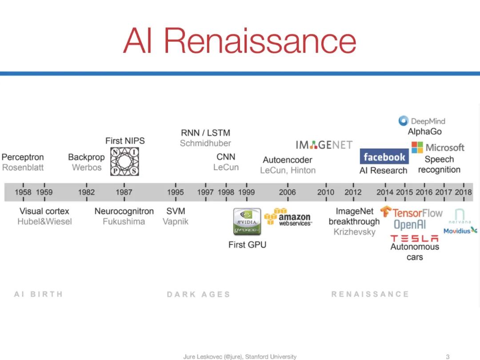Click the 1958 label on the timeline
pos(23,192)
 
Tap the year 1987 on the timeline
pos(124,192)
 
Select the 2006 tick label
pos(287,192)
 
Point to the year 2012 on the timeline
pos(353,192)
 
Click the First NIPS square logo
pos(125,162)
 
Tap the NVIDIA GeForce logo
pos(247,222)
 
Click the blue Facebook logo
pos(384,157)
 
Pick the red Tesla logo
pos(414,239)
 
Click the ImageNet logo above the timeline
pos(324,145)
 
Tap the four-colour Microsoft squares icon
pos(417,148)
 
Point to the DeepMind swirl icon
pos(403,120)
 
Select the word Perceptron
pos(23,157)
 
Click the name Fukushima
pos(124,221)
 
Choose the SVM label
pos(176,211)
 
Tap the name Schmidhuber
pos(205,143)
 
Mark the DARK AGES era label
pos(198,294)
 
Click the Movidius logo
pos(460,230)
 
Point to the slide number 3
pos(448,356)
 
